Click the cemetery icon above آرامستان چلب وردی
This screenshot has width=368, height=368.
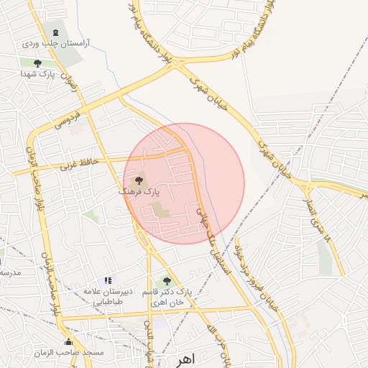[x=55, y=32]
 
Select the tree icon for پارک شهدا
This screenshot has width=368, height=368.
[x=28, y=63]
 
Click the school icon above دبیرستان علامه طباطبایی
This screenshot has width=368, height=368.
[x=108, y=280]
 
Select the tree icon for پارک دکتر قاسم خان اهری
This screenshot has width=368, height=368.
[x=167, y=281]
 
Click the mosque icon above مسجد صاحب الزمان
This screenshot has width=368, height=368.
[x=69, y=341]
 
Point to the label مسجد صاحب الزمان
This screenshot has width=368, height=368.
[x=69, y=353]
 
